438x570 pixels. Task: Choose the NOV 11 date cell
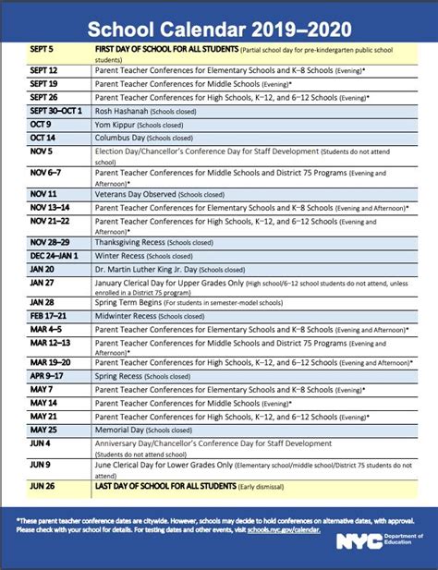(43, 194)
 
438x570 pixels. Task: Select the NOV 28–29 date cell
(51, 242)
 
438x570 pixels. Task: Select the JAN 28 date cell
(43, 301)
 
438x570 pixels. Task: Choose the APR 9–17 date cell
(49, 377)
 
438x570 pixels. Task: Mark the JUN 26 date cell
(43, 483)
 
